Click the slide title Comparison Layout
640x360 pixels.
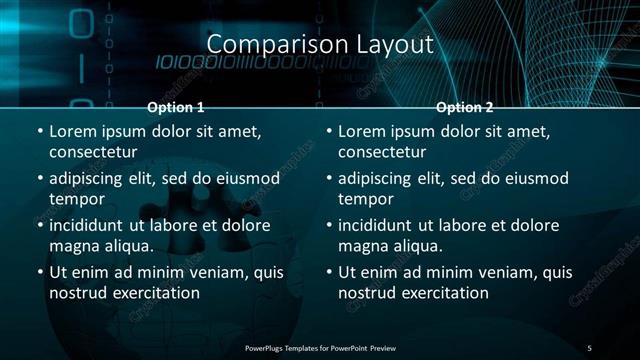tap(319, 45)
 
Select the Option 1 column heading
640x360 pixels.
tap(176, 107)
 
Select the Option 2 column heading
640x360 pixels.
tap(465, 107)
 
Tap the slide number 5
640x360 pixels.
tap(589, 347)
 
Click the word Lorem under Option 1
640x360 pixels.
tap(73, 131)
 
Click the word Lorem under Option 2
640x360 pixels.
tap(363, 131)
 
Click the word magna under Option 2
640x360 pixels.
tap(361, 245)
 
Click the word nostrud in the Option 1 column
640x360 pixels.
tap(75, 293)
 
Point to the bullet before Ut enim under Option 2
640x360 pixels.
tap(329, 272)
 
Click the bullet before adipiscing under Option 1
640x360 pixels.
tap(39, 178)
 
